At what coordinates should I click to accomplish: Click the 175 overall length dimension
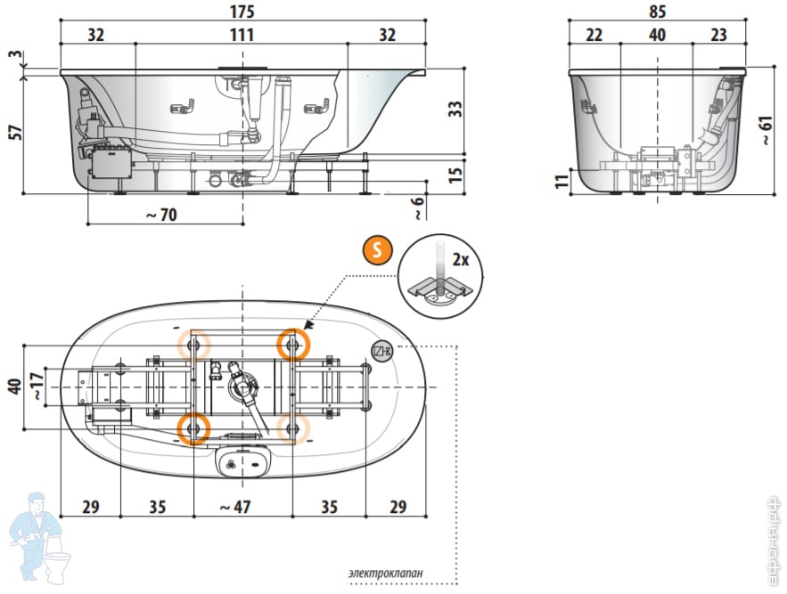click(242, 12)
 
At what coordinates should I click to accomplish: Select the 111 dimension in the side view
click(242, 35)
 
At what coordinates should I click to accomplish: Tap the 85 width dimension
click(658, 12)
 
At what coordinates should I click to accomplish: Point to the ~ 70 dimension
click(164, 215)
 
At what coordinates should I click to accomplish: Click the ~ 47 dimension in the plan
click(236, 507)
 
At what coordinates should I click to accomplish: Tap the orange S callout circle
click(377, 250)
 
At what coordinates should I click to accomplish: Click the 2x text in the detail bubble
click(461, 260)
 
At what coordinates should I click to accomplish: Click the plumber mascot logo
click(37, 536)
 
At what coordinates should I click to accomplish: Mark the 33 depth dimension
click(455, 110)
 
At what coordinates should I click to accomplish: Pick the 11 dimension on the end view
click(561, 181)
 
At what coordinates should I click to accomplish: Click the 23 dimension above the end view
click(719, 35)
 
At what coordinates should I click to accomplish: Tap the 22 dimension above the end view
click(594, 35)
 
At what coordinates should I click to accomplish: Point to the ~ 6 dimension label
click(418, 207)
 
